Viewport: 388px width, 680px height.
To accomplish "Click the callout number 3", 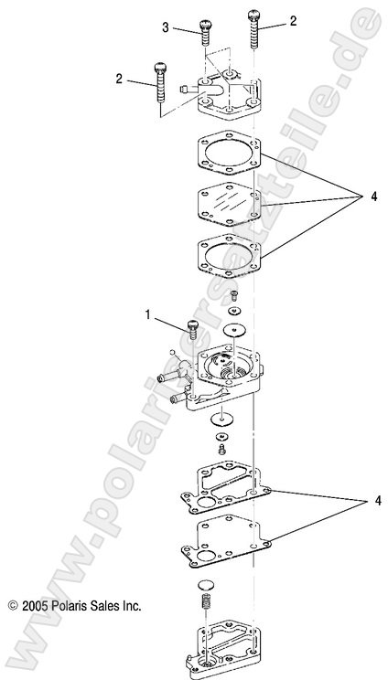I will tap(167, 28).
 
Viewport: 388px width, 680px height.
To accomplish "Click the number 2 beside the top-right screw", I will tap(292, 20).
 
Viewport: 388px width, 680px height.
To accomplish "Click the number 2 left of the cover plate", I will tap(119, 80).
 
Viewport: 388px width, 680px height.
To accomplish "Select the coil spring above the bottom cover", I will tap(206, 604).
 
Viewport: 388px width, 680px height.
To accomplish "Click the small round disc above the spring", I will tap(207, 585).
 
